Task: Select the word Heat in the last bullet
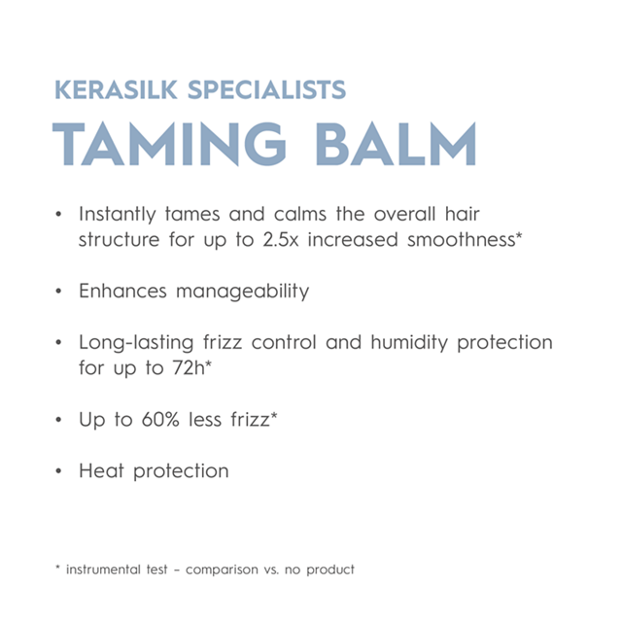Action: pyautogui.click(x=100, y=471)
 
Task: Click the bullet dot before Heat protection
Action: pyautogui.click(x=59, y=472)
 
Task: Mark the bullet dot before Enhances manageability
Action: pyautogui.click(x=59, y=292)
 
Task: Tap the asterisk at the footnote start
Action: pyautogui.click(x=58, y=568)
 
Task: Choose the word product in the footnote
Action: pyautogui.click(x=329, y=570)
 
